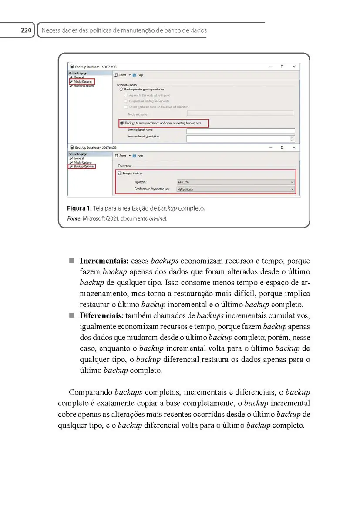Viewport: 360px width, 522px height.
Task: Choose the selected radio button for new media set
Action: click(x=122, y=123)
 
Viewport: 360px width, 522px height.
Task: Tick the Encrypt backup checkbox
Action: click(x=120, y=173)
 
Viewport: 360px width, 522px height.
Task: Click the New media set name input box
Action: click(x=240, y=130)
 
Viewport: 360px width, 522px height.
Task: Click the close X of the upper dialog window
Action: click(x=294, y=67)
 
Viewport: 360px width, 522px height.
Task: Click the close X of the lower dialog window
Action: click(x=294, y=147)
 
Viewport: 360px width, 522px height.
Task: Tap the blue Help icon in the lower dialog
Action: click(x=134, y=156)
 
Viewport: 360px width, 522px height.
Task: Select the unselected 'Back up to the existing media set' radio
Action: click(x=121, y=89)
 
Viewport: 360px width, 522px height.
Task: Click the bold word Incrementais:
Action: click(x=104, y=261)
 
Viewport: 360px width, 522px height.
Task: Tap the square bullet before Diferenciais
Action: click(x=71, y=315)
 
